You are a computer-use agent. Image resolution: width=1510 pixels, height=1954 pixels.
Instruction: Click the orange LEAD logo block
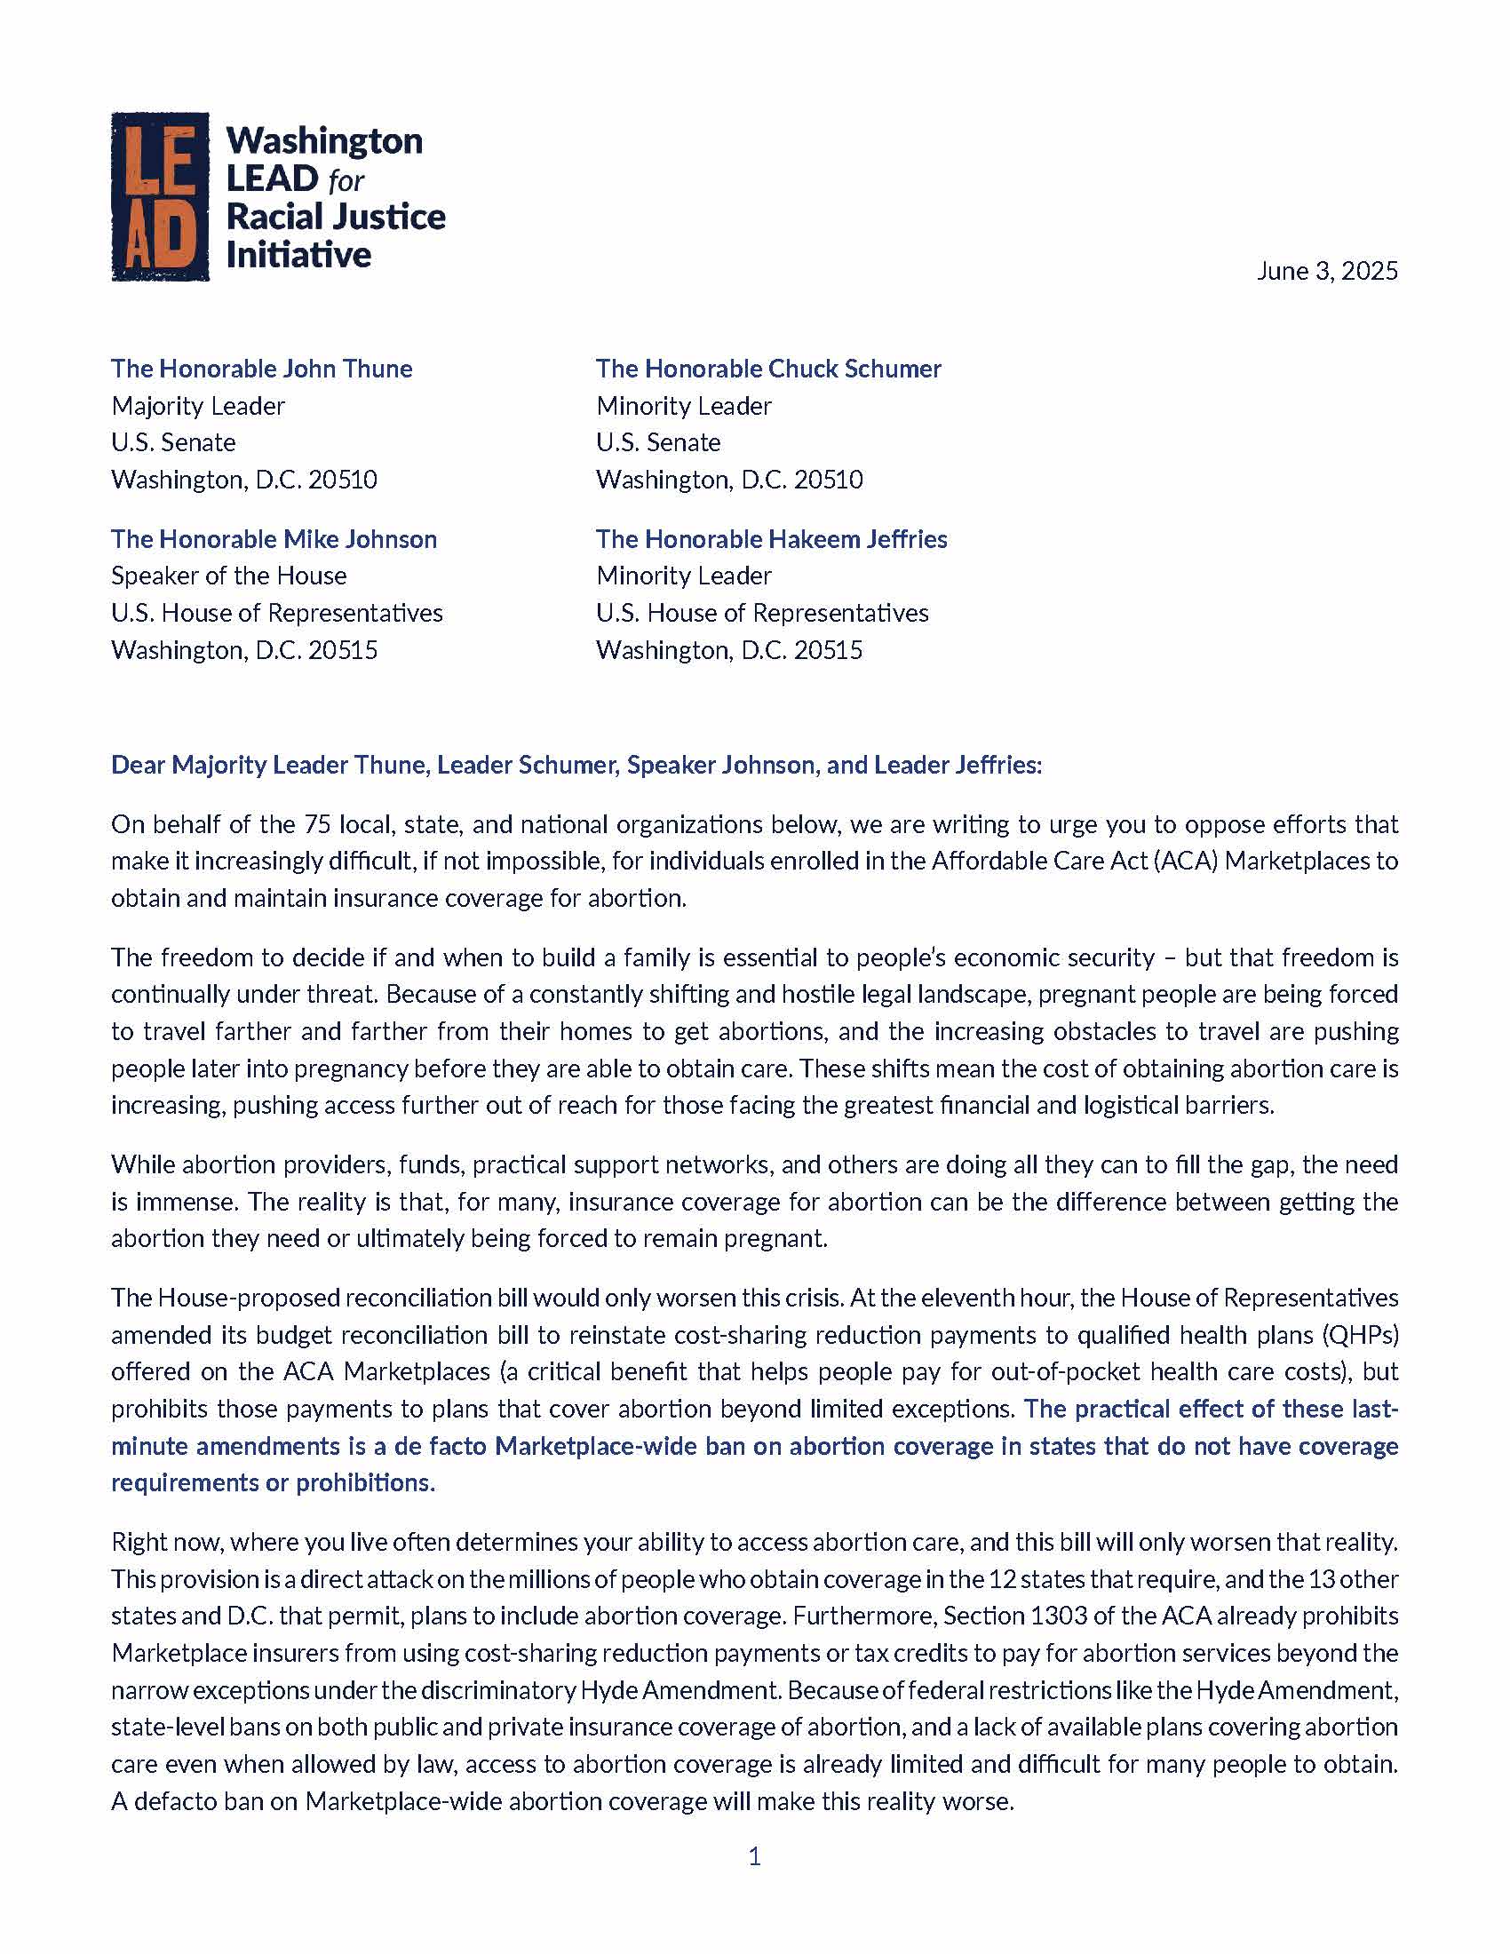[x=160, y=196]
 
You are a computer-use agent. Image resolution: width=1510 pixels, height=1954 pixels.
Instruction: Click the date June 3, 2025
[x=1327, y=271]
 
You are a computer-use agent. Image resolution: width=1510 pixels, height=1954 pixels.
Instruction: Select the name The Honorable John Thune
[x=261, y=369]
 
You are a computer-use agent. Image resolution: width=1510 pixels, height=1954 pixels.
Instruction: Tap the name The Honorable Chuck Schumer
[x=768, y=369]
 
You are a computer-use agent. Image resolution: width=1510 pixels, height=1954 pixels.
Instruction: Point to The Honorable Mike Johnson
[x=274, y=538]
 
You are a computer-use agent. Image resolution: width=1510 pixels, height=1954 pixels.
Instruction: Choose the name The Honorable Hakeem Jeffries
[x=771, y=538]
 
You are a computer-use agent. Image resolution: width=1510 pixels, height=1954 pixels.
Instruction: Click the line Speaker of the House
[x=228, y=576]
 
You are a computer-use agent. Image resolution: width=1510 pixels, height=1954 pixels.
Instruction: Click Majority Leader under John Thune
[x=198, y=405]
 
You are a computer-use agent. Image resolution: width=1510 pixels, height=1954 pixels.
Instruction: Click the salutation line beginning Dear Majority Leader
[x=576, y=765]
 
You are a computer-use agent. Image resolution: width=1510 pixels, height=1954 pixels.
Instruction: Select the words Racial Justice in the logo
[x=336, y=217]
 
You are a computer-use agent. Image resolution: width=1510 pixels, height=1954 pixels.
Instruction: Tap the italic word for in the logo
[x=346, y=180]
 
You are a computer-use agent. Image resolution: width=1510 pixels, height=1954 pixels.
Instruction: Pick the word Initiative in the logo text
[x=298, y=255]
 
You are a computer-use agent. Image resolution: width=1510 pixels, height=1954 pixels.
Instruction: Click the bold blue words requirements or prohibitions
[x=272, y=1482]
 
